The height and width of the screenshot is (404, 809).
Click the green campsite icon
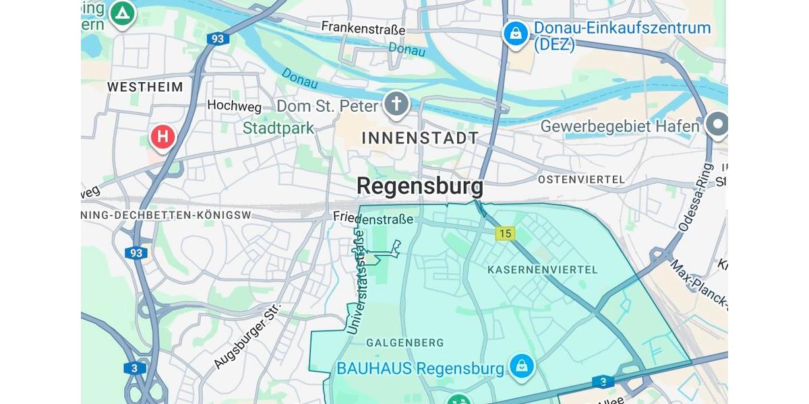point(122,13)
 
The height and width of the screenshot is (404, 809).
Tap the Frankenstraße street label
point(363,29)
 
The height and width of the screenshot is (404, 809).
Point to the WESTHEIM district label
point(145,87)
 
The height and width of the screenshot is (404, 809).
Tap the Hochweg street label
point(233,105)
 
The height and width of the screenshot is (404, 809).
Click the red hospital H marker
point(162,137)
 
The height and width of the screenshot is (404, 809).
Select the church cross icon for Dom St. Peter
point(397,104)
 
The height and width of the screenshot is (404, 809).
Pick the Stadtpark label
point(278,128)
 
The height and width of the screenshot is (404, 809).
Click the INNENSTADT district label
point(420,138)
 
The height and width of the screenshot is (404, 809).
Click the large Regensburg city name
point(419,186)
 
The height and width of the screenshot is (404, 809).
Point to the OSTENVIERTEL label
point(581,180)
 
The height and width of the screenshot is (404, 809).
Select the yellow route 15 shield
point(504,234)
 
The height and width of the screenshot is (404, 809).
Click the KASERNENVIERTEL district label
point(542,269)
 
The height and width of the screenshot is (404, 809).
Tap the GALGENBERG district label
point(404,343)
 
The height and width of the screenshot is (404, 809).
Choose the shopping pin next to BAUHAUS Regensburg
point(522,366)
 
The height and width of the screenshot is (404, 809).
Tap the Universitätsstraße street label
point(357,283)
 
